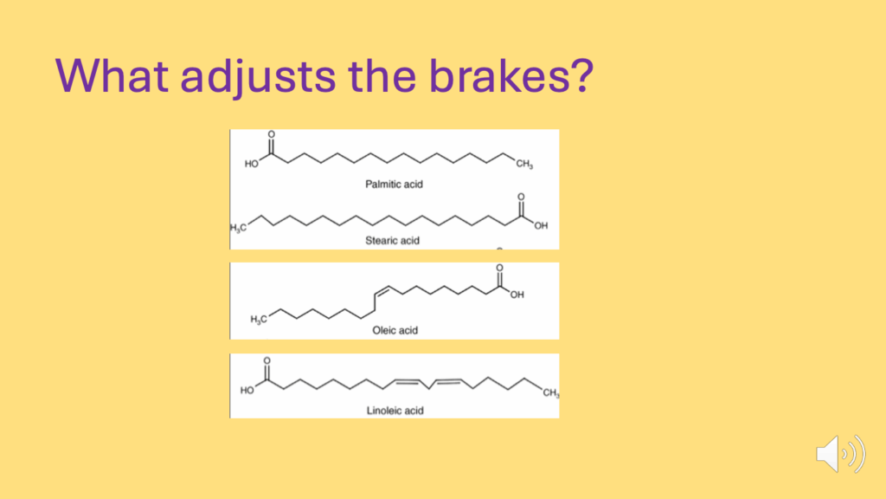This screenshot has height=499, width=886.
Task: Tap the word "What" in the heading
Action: coord(112,75)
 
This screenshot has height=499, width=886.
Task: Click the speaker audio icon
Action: coord(840,454)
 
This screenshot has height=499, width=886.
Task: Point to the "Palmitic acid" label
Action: coord(394,185)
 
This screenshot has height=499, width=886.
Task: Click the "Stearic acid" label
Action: coord(392,241)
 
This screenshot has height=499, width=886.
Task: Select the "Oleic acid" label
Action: coord(395,330)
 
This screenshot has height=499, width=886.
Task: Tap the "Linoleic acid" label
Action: coord(395,411)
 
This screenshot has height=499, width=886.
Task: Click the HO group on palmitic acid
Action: coord(252,164)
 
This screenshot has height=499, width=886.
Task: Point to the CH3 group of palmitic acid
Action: coord(524,164)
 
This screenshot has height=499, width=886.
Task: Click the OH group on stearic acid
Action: coord(541,226)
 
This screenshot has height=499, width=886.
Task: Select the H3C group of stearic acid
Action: coord(239,228)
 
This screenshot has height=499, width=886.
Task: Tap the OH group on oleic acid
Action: coord(517,295)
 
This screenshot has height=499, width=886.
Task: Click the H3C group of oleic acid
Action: coord(259,320)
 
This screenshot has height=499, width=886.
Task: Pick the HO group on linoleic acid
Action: coord(247,391)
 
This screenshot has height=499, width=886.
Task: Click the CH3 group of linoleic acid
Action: coord(551,392)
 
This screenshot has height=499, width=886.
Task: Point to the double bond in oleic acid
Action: coord(382,291)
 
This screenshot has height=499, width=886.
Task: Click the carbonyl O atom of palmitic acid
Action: coord(271,134)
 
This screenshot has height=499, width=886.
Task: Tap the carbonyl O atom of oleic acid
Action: coord(499,268)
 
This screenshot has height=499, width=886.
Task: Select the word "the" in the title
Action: coord(382,75)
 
